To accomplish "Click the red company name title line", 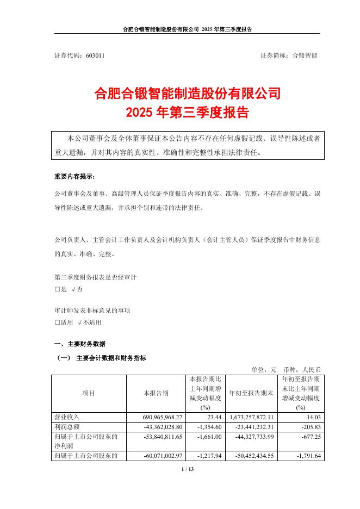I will coord(187,94).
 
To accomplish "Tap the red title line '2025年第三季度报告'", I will coord(187,113).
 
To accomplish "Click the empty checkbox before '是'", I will coord(58,289).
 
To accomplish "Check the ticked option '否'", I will coord(77,289).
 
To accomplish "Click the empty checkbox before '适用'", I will coord(58,322).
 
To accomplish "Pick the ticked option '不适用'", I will coord(90,322).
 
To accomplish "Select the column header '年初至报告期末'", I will coord(251,393).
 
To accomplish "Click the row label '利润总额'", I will coord(67,426).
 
